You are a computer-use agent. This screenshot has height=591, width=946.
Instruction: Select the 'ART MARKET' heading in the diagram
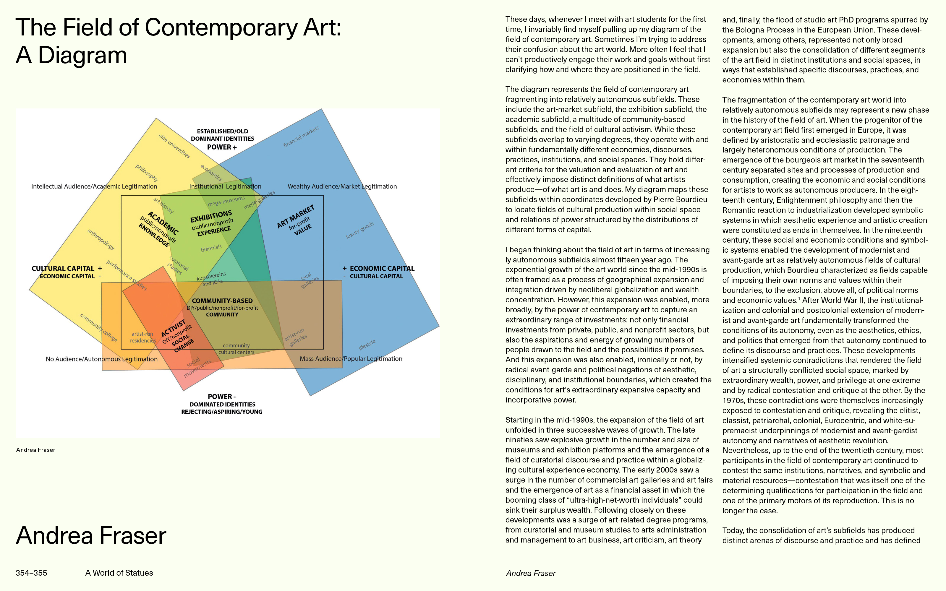pos(296,216)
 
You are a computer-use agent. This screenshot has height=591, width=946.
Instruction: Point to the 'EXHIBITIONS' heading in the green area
pos(211,216)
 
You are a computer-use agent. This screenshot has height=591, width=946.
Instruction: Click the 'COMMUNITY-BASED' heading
pos(222,301)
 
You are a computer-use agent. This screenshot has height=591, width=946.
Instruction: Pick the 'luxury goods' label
pos(360,230)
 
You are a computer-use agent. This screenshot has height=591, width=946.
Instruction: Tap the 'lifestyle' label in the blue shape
pos(367,344)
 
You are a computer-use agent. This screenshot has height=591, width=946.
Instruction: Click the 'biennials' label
pos(211,248)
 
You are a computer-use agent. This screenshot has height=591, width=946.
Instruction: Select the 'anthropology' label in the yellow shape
pos(101,240)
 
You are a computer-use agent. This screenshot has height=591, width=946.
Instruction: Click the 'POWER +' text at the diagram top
pos(222,147)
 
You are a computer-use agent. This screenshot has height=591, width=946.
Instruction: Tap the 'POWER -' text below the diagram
pos(222,396)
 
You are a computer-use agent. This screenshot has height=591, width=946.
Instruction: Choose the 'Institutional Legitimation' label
pos(225,186)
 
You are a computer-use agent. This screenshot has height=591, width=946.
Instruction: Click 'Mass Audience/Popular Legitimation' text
pos(351,358)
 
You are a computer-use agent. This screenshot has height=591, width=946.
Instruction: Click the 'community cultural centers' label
pos(236,349)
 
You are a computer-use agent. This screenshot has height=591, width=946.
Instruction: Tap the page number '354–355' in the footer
pos(31,573)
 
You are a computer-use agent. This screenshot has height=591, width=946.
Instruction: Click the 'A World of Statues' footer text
pos(119,573)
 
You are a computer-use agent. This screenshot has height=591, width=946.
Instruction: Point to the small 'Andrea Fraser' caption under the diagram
pos(35,450)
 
